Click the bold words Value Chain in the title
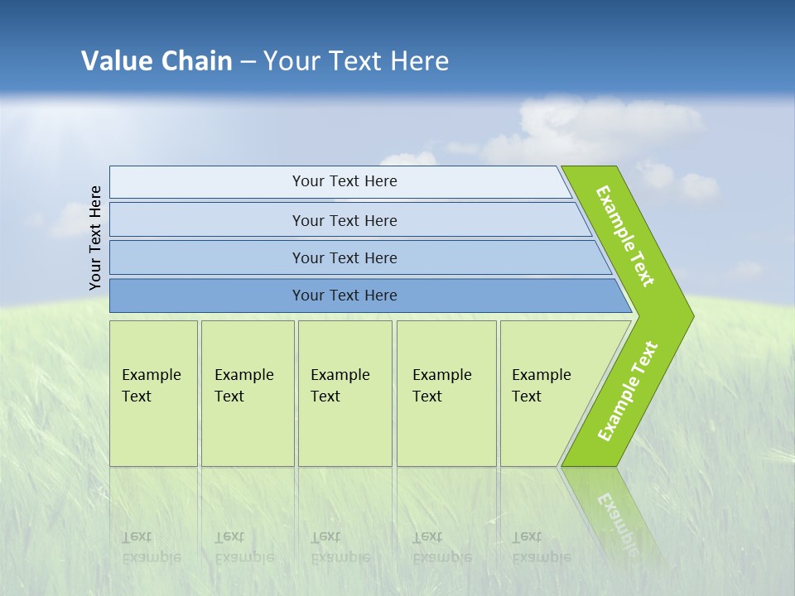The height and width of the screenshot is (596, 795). [x=157, y=60]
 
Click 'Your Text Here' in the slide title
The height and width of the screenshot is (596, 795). [x=356, y=60]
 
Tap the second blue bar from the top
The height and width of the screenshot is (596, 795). [x=344, y=220]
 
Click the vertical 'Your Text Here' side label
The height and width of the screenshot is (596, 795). [x=95, y=238]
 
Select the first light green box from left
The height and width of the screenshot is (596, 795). [x=153, y=393]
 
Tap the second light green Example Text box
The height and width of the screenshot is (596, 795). [x=247, y=393]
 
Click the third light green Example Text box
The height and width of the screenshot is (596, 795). [x=344, y=393]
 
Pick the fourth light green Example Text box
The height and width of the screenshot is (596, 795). [x=446, y=393]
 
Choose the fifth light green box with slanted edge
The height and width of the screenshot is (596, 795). [x=547, y=393]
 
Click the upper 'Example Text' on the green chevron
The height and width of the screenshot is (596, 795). [x=625, y=236]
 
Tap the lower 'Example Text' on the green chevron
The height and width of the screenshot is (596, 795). [x=627, y=392]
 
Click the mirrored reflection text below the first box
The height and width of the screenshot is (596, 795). [x=151, y=547]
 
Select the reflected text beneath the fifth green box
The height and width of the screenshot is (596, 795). [x=541, y=547]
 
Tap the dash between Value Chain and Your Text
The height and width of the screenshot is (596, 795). [x=248, y=62]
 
